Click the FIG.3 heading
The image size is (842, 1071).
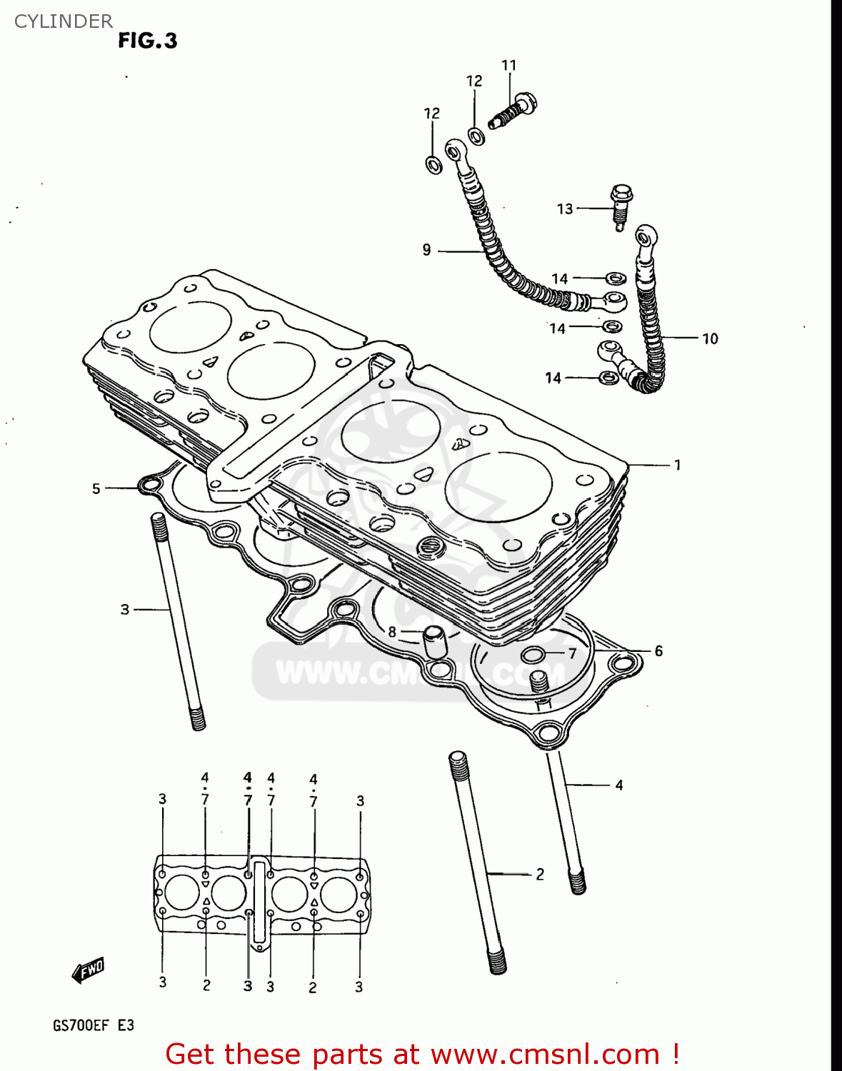click(x=147, y=41)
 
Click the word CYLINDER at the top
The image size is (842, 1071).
click(x=63, y=21)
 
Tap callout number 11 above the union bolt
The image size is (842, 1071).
click(x=508, y=66)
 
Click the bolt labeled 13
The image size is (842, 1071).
click(x=621, y=206)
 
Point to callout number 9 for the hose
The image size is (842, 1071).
click(x=426, y=250)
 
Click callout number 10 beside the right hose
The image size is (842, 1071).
click(x=709, y=338)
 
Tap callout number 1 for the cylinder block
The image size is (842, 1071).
click(x=677, y=465)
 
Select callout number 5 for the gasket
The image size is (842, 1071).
click(x=96, y=488)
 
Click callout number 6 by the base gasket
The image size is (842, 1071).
click(x=658, y=650)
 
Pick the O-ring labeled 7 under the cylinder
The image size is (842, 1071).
click(x=533, y=655)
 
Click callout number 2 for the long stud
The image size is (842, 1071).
click(x=540, y=874)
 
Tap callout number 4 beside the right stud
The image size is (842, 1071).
click(x=618, y=785)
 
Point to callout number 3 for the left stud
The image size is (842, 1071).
click(x=125, y=610)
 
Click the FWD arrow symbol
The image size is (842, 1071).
click(x=89, y=970)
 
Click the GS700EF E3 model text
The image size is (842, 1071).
click(x=94, y=1025)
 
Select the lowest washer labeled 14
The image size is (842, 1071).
click(x=607, y=377)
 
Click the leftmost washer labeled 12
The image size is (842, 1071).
click(x=433, y=165)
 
